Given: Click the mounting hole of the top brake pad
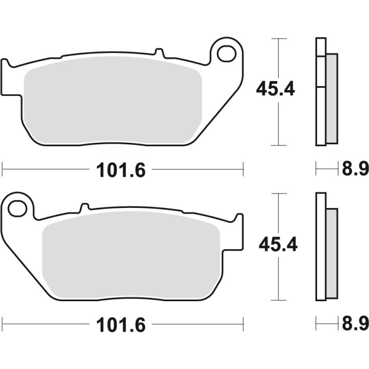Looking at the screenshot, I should pyautogui.click(x=224, y=52).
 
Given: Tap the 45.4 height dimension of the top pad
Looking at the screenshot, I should pyautogui.click(x=275, y=90).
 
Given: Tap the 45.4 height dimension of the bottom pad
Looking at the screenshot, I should pyautogui.click(x=278, y=245).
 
